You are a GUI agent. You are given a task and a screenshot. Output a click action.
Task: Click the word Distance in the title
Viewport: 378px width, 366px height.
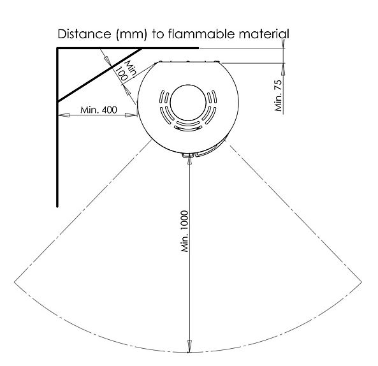pyautogui.click(x=84, y=34)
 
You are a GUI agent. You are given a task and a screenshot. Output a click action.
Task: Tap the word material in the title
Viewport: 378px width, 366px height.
pyautogui.click(x=264, y=34)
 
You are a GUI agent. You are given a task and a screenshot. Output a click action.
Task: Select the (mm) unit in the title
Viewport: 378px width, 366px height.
pyautogui.click(x=131, y=34)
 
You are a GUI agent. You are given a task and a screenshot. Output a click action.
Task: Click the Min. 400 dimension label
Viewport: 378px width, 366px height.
pyautogui.click(x=99, y=110)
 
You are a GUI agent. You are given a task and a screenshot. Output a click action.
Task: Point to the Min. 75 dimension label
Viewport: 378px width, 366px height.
pyautogui.click(x=278, y=96)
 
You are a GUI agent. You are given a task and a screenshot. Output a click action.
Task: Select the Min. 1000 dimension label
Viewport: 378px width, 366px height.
pyautogui.click(x=184, y=231)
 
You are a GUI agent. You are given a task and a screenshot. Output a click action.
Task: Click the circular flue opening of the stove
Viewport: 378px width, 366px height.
pyautogui.click(x=188, y=102)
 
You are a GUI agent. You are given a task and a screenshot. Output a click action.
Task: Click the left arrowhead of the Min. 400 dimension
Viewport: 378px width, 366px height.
pyautogui.click(x=64, y=115)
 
